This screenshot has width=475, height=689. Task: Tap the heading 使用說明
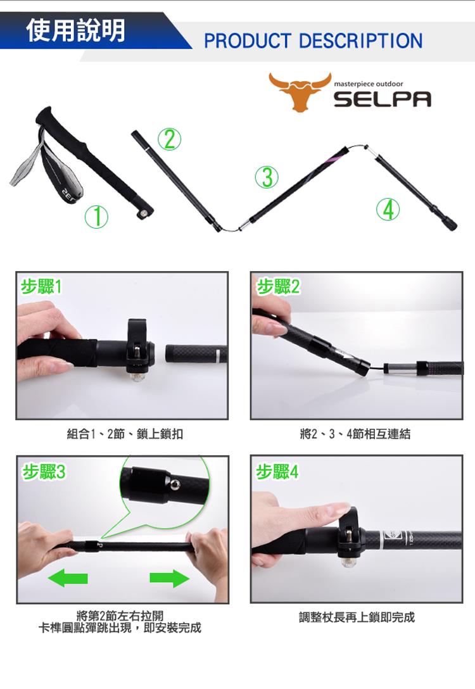pyautogui.click(x=75, y=30)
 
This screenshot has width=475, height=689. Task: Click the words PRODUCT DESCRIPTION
pyautogui.click(x=313, y=41)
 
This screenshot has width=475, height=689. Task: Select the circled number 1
pyautogui.click(x=96, y=217)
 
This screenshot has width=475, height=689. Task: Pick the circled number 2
pyautogui.click(x=169, y=139)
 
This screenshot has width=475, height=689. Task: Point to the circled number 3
pyautogui.click(x=267, y=177)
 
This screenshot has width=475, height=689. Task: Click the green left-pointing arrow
pyautogui.click(x=68, y=578)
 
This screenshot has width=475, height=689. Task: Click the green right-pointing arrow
pyautogui.click(x=169, y=578)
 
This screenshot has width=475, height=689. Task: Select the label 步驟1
pyautogui.click(x=41, y=287)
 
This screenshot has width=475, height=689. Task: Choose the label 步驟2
pyautogui.click(x=278, y=287)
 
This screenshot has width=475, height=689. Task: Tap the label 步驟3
pyautogui.click(x=44, y=472)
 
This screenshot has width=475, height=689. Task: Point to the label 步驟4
pyautogui.click(x=277, y=472)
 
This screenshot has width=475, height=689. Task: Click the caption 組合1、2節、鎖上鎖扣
pyautogui.click(x=125, y=434)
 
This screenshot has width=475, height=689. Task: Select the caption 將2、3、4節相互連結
pyautogui.click(x=355, y=434)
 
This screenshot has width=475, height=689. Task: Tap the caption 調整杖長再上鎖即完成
pyautogui.click(x=357, y=617)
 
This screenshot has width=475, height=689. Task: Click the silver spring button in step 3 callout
pyautogui.click(x=175, y=484)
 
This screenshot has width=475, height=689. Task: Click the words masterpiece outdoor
pyautogui.click(x=368, y=84)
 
